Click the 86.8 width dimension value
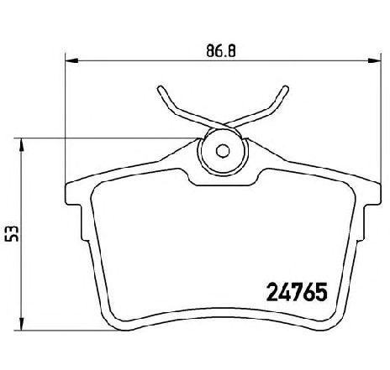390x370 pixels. coord(221,51)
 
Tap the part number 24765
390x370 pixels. coord(298,292)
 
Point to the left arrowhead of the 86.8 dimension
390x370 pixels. coord(71,60)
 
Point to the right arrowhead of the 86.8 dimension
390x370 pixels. coord(375,60)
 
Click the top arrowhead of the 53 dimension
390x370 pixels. coord(21,144)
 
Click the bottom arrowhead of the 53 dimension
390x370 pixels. coord(21,324)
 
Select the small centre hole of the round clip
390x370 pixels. coord(223,151)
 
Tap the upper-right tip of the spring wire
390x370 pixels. coord(286,88)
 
